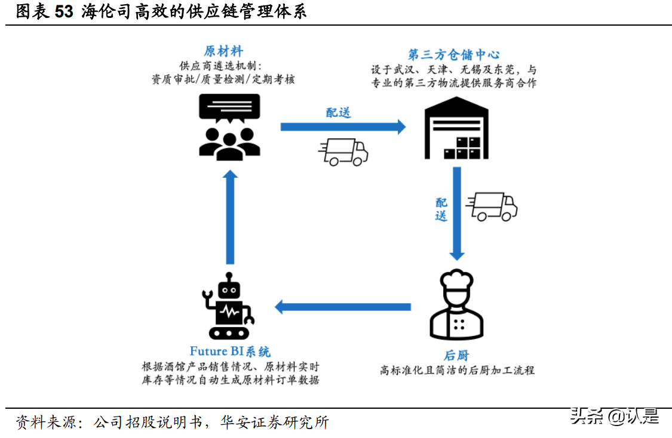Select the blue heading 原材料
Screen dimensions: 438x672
[x=223, y=51]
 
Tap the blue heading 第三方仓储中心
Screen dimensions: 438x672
[x=453, y=55]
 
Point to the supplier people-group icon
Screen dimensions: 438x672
[x=229, y=143]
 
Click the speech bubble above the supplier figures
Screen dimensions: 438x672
[x=229, y=109]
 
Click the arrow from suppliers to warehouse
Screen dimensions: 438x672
[x=343, y=127]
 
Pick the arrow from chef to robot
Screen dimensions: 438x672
[x=343, y=307]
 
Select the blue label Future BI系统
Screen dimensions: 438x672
[x=230, y=351]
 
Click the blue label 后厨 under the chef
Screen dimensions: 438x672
[x=457, y=356]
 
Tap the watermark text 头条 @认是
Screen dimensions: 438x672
[x=615, y=416]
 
